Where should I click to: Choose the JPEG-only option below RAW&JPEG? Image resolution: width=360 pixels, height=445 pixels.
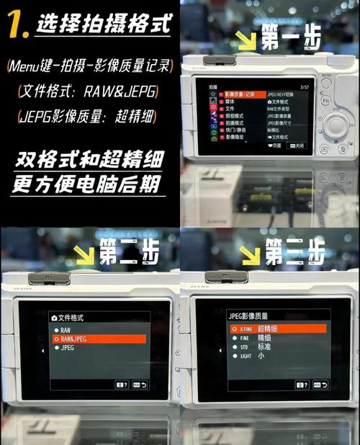tap(68, 347)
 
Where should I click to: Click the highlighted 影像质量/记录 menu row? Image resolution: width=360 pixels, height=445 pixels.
tap(238, 94)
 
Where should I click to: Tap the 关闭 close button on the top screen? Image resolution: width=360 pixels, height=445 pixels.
tap(296, 145)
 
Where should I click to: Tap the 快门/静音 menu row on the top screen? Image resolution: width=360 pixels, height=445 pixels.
tap(238, 127)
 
